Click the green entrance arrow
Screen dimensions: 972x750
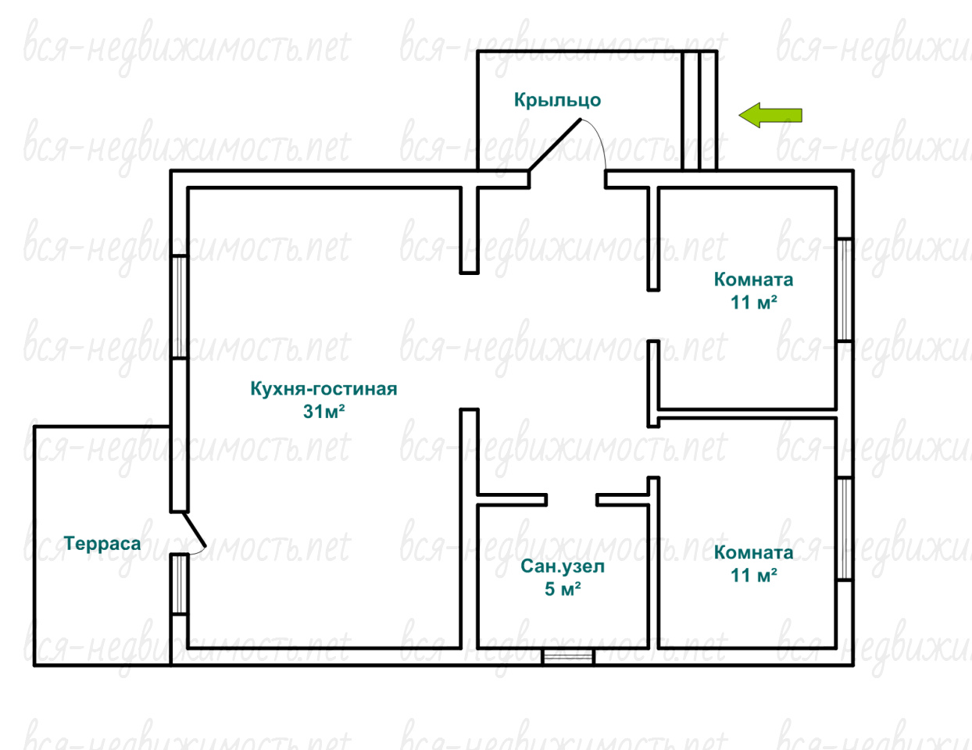point(770,116)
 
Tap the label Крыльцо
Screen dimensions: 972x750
point(557,100)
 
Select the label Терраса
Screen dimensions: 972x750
point(102,544)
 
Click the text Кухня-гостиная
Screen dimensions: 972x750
point(323,388)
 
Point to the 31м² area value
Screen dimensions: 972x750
point(323,412)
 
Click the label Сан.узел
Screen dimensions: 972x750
point(563,566)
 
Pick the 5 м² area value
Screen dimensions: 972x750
point(563,589)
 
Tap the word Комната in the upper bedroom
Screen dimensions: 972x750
point(754,280)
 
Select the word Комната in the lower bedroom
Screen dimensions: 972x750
point(754,552)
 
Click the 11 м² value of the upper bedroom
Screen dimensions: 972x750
point(754,302)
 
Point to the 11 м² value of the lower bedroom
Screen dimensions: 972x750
point(754,575)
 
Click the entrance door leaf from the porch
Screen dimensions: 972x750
point(555,145)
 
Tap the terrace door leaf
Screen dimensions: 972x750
point(194,529)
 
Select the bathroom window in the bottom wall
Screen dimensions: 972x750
point(568,656)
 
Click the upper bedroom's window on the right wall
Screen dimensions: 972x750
point(845,291)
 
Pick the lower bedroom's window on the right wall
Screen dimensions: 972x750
point(845,529)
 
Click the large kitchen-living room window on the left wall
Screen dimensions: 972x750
point(180,306)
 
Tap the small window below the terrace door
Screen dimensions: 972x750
point(180,584)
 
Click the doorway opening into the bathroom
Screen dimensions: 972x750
point(572,499)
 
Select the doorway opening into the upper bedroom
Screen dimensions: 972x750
point(653,316)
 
